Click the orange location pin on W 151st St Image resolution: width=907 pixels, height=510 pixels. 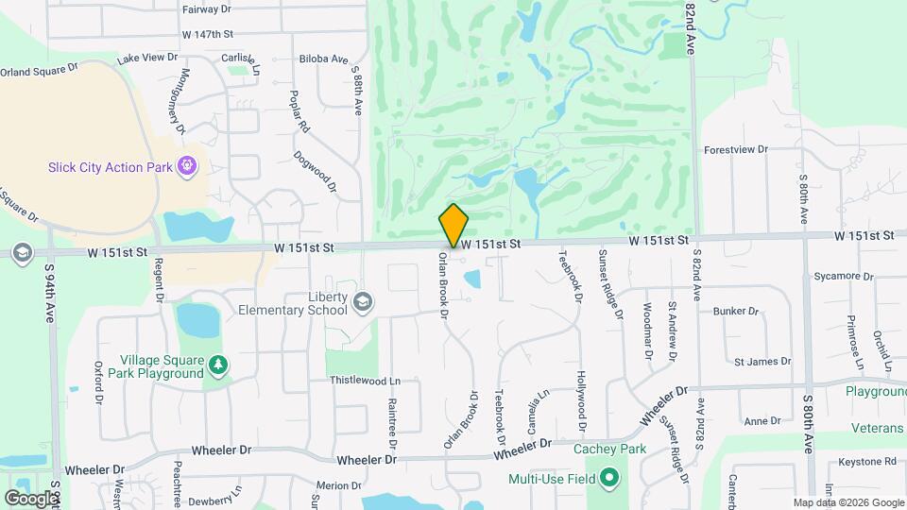pyautogui.click(x=453, y=225)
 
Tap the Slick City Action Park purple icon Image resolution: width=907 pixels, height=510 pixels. pyautogui.click(x=188, y=167)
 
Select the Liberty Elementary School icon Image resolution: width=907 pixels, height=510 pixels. pyautogui.click(x=361, y=302)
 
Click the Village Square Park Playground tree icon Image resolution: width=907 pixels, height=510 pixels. pyautogui.click(x=218, y=365)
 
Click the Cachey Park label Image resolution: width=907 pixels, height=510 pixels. pyautogui.click(x=609, y=449)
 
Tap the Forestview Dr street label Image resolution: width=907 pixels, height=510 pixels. pyautogui.click(x=737, y=150)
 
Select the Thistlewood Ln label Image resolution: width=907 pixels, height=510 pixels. pyautogui.click(x=365, y=381)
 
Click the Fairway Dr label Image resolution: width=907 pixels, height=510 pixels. pyautogui.click(x=206, y=8)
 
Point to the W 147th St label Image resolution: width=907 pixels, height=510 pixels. pyautogui.click(x=208, y=34)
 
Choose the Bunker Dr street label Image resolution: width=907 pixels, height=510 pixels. pyautogui.click(x=737, y=311)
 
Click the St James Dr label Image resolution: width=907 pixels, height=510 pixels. pyautogui.click(x=762, y=362)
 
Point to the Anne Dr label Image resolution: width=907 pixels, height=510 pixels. pyautogui.click(x=762, y=421)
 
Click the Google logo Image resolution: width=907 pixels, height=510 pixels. pyautogui.click(x=31, y=498)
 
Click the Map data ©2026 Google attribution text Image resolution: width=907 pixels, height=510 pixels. pyautogui.click(x=847, y=502)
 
